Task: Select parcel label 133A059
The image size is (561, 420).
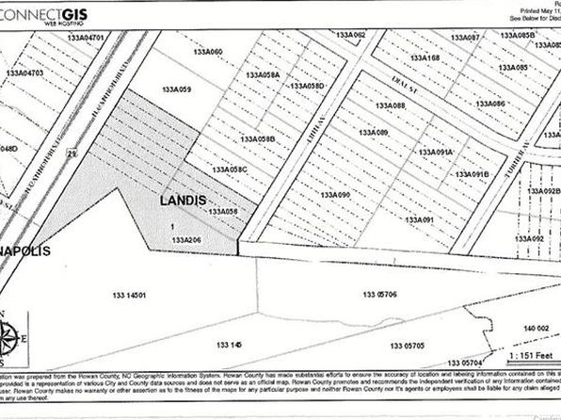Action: pyautogui.click(x=176, y=89)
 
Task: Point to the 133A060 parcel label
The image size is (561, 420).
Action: pyautogui.click(x=206, y=51)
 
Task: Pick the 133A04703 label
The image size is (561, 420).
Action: pyautogui.click(x=24, y=73)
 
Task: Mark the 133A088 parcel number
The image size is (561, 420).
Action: pyautogui.click(x=390, y=106)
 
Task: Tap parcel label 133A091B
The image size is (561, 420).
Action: pyautogui.click(x=472, y=174)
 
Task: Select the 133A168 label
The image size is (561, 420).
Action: pyautogui.click(x=424, y=59)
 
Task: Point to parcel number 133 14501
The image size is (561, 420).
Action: pyautogui.click(x=130, y=296)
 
